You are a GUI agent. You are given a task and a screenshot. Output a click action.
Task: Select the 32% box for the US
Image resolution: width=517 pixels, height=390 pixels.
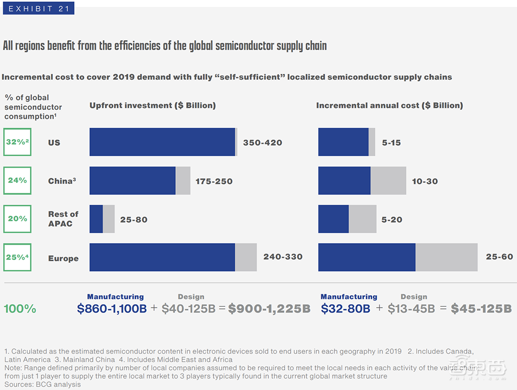pos(17,142)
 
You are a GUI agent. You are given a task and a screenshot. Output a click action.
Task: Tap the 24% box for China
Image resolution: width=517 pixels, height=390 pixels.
pos(17,181)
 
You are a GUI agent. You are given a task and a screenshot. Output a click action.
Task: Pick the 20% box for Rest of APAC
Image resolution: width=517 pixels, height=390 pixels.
pos(17,219)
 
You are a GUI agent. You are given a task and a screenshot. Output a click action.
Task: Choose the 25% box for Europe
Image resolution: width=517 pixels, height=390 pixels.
pos(17,257)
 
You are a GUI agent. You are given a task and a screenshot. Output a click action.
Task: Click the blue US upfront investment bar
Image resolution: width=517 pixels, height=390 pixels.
pos(162,142)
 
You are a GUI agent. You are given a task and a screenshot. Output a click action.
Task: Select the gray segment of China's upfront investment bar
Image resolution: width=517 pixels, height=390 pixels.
pos(183,181)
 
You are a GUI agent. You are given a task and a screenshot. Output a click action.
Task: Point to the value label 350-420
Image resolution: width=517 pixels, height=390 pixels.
pos(263,143)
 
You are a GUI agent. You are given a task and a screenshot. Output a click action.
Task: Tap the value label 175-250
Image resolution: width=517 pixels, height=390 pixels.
pos(214,181)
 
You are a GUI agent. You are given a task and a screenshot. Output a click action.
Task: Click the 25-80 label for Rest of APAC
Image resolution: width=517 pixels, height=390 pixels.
pos(134,219)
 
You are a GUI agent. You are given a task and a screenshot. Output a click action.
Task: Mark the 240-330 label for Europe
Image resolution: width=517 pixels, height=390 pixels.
pos(283,257)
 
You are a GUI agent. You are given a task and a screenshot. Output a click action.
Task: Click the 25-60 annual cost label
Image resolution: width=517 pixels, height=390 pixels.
pos(499,257)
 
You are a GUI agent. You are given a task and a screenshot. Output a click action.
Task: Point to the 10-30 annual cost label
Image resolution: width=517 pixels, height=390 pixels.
pos(425,181)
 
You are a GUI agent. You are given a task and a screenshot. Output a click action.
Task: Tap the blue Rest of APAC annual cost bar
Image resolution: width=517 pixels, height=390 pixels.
pos(333,219)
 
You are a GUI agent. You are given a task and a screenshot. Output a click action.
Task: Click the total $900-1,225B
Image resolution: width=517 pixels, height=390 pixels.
pos(269,309)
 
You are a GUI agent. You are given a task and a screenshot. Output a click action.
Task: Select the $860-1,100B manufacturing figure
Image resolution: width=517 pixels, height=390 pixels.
pos(112,309)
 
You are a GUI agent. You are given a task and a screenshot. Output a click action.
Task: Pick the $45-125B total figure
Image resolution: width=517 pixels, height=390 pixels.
pos(481,309)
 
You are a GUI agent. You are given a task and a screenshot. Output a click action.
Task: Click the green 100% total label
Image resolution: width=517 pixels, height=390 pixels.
pos(20,309)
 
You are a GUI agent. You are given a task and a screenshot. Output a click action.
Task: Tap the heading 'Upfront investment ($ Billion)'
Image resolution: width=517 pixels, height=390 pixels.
pos(153,106)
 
